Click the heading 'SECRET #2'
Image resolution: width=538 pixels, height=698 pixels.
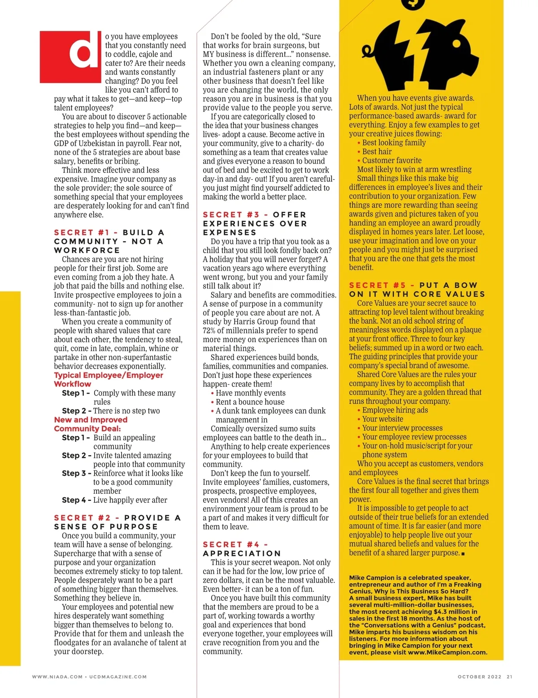pyautogui.click(x=82, y=518)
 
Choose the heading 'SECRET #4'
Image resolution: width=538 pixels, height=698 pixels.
pyautogui.click(x=231, y=544)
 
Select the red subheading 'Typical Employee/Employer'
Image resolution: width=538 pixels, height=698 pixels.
pyautogui.click(x=108, y=375)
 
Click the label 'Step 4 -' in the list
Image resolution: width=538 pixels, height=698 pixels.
pyautogui.click(x=76, y=500)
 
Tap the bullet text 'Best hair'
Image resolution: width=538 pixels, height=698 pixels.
pyautogui.click(x=377, y=151)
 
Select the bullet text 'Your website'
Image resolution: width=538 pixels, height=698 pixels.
pyautogui.click(x=382, y=419)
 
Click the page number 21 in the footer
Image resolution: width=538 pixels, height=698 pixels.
pyautogui.click(x=509, y=677)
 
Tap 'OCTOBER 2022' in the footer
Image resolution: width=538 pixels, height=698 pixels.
pyautogui.click(x=479, y=677)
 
